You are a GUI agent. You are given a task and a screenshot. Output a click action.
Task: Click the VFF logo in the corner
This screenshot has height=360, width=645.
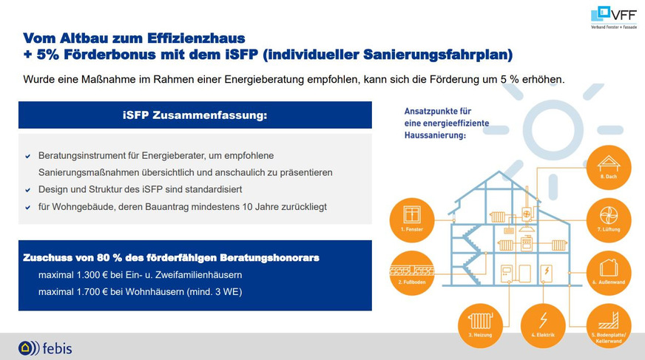tap(614, 16)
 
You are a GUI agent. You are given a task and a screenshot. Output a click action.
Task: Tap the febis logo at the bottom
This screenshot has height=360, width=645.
tap(45, 347)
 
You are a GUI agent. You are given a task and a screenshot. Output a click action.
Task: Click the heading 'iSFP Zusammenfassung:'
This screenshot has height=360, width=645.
tap(195, 115)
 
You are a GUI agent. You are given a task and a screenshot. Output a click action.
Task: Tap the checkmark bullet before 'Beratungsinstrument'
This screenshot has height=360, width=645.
tap(28, 156)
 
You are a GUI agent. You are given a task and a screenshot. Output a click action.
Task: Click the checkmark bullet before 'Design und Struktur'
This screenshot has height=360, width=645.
tap(28, 190)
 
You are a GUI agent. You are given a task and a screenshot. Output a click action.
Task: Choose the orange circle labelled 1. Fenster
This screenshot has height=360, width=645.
tap(412, 219)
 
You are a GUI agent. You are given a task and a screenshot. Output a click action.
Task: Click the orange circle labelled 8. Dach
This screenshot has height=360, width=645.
tap(609, 167)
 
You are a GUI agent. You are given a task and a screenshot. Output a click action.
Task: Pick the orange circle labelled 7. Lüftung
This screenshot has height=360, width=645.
tap(609, 219)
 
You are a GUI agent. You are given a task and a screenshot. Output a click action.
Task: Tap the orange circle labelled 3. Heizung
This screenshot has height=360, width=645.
tap(480, 324)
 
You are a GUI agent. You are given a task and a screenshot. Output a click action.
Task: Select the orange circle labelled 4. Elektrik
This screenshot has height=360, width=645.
tap(544, 324)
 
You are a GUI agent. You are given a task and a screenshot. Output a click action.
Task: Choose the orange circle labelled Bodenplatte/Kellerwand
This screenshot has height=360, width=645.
tap(609, 324)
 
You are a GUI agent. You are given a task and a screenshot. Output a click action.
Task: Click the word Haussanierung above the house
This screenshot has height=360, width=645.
tap(434, 136)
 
